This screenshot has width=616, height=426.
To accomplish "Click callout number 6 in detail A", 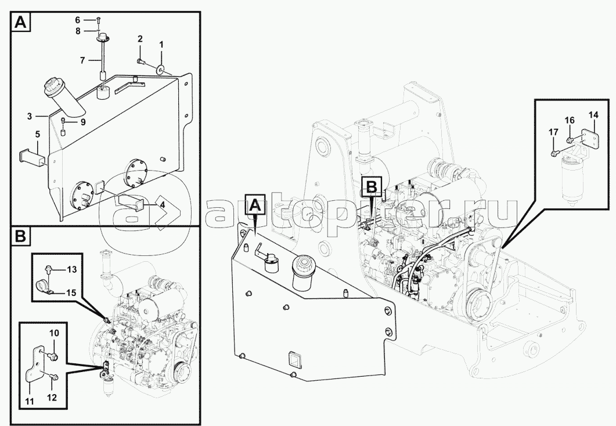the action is pos(78,19).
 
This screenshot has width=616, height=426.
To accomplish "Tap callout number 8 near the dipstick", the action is pos(78,31).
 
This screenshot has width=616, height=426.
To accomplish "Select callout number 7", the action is pos(82,60).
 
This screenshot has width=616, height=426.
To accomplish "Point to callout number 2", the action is pos(140,39).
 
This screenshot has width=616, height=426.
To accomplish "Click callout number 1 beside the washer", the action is pos(161,44).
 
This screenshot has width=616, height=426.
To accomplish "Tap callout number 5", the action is pos(37,135).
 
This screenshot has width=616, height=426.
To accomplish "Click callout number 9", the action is pos(82,122).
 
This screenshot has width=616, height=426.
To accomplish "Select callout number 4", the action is pos(162,204).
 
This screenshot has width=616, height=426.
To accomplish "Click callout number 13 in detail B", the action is pos(71,269).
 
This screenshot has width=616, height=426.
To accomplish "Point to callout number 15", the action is pos(71,293).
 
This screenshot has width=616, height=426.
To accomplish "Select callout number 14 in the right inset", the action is pos(593,115).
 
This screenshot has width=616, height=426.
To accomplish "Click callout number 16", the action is pos(570,120).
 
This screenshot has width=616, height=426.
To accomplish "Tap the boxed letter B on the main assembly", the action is pos(371,186).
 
